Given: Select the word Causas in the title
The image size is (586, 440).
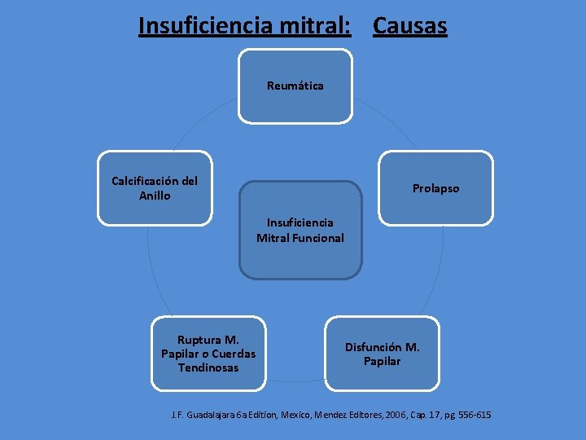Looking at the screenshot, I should [409, 26].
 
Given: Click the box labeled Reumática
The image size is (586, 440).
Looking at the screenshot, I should [295, 86].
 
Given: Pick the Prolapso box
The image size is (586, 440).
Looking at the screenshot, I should [435, 188].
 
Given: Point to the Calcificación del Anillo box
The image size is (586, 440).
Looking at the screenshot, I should [155, 188].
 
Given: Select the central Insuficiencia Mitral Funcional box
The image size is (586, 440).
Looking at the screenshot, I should [300, 231].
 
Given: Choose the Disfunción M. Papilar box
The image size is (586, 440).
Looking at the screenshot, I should [382, 354].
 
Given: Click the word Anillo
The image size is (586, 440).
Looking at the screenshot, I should [155, 196].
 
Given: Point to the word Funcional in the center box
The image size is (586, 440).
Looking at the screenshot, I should [320, 238].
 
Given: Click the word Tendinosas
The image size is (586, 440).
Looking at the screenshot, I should [208, 367].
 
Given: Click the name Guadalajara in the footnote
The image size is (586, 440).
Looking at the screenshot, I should [215, 416].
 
